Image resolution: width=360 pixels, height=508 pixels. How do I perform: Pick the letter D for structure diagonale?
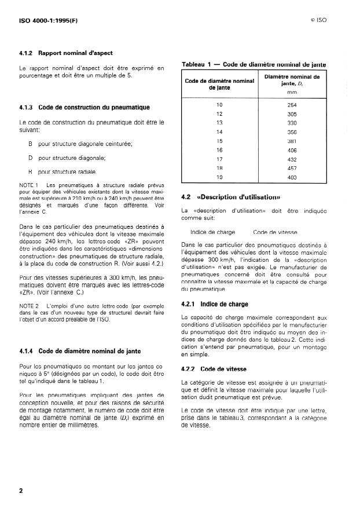[x=30, y=158]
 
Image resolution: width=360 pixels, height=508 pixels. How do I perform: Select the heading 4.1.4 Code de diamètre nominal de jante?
[x=80, y=350]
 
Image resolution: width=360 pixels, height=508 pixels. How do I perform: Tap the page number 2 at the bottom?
[x=21, y=491]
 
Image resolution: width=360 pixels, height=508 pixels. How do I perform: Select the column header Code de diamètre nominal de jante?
[x=219, y=84]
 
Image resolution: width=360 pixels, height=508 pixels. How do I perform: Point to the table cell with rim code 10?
[x=219, y=104]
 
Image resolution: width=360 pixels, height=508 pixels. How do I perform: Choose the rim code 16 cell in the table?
[x=219, y=149]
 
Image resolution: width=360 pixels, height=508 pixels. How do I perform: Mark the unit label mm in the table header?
[x=292, y=92]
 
